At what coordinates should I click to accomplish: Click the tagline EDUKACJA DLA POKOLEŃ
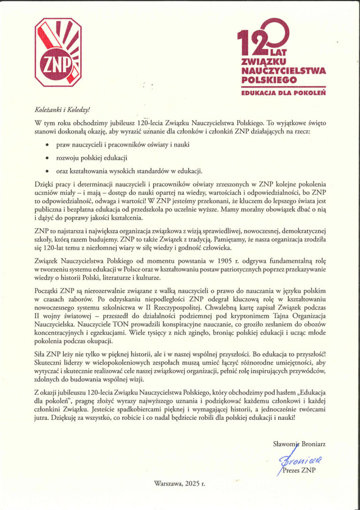tap(284, 93)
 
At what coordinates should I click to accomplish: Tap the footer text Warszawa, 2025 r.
tap(180, 482)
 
